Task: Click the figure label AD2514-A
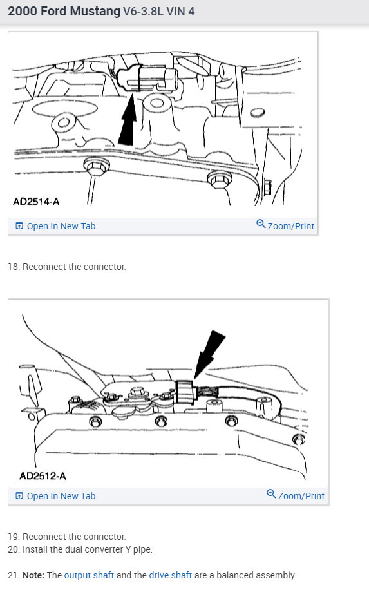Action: (x=36, y=202)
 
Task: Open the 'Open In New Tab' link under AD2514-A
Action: (x=61, y=226)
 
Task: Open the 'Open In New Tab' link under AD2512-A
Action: (x=61, y=496)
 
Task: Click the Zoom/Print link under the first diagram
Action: (x=290, y=226)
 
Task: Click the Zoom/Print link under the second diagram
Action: (x=301, y=496)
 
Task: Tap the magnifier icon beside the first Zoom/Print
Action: (x=261, y=224)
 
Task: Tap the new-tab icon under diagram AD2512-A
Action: (x=19, y=496)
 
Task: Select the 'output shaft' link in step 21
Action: (x=90, y=575)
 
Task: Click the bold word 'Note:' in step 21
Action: (x=34, y=575)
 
